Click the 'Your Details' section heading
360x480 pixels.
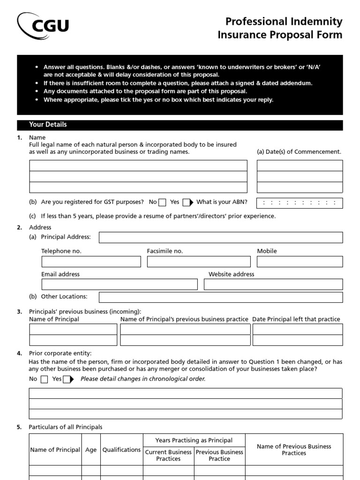point(48,125)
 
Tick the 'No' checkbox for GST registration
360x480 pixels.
point(162,202)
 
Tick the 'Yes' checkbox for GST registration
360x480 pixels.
point(187,202)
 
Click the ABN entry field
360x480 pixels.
point(300,203)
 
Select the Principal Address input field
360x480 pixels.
point(221,237)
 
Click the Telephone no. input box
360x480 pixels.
point(91,262)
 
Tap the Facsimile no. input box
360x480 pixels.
point(198,262)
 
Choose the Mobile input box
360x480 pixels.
point(300,262)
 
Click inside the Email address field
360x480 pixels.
point(120,285)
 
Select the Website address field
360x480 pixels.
point(273,285)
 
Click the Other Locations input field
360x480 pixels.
point(221,297)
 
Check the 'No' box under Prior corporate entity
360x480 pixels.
point(44,379)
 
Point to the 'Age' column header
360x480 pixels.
point(91,450)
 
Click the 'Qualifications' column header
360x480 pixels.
point(121,450)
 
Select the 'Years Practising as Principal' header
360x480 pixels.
point(194,440)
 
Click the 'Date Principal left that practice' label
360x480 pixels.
point(296,319)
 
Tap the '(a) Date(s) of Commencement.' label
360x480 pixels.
point(299,152)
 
